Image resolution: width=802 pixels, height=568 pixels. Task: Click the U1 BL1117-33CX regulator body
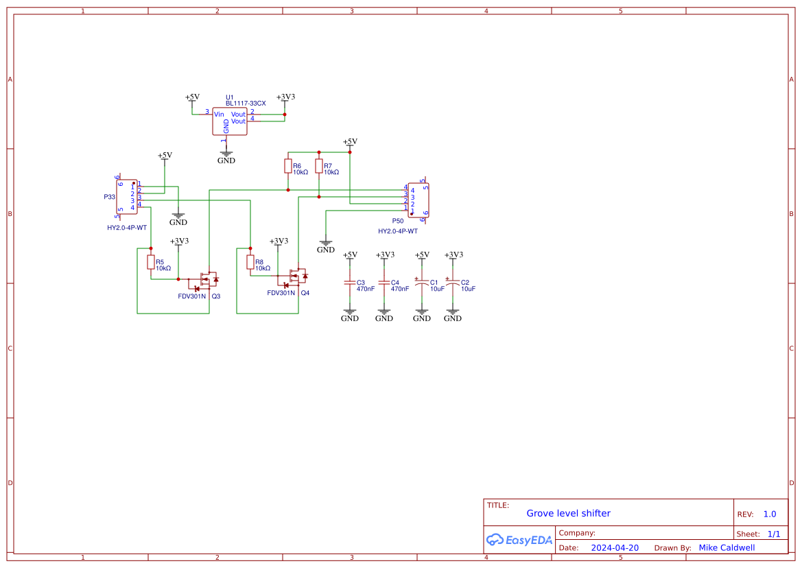(x=229, y=121)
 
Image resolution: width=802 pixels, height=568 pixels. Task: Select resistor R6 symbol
(x=288, y=167)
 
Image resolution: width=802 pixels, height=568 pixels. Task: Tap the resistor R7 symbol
(x=319, y=167)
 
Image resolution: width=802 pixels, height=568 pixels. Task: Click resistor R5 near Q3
(x=151, y=262)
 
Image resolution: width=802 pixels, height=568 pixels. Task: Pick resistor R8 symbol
(x=250, y=262)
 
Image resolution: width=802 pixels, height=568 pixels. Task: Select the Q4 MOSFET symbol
(x=296, y=277)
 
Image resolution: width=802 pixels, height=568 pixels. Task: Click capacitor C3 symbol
(x=350, y=283)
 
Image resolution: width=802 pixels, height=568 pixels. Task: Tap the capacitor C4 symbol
(x=384, y=283)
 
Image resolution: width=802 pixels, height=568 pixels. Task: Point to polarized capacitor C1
(x=422, y=283)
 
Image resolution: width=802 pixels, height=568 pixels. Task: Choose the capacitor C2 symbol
(x=453, y=283)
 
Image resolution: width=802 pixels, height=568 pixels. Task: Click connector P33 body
(x=127, y=196)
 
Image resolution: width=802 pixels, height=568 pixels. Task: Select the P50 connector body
(x=418, y=200)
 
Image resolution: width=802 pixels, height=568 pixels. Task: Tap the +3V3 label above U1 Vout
(x=285, y=97)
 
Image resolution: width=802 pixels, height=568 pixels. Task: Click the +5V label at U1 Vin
(x=192, y=97)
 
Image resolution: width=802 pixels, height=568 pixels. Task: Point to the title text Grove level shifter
(x=568, y=513)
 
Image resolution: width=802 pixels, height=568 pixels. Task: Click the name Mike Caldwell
(x=727, y=547)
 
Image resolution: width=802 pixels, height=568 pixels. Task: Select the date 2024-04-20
(x=615, y=547)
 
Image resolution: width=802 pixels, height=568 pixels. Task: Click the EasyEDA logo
(x=519, y=540)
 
